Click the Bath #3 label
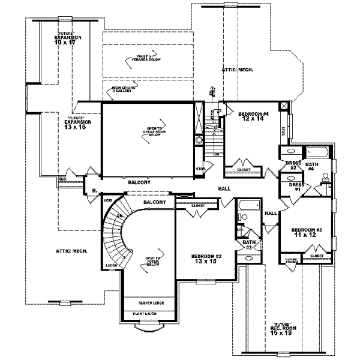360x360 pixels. [x=247, y=242]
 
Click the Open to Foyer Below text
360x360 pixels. [x=146, y=262]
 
